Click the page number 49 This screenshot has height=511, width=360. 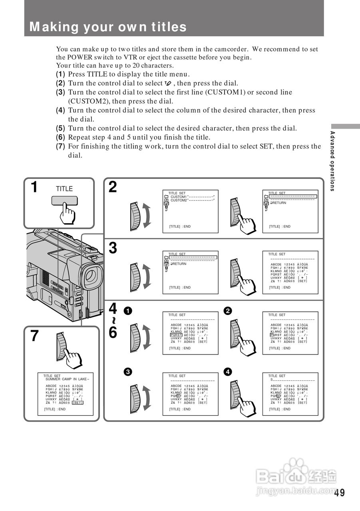pyautogui.click(x=339, y=493)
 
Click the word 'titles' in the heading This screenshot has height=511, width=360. pyautogui.click(x=169, y=27)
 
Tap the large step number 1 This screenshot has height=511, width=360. pyautogui.click(x=35, y=187)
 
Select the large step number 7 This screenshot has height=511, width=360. pyautogui.click(x=35, y=336)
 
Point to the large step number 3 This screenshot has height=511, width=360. pyautogui.click(x=113, y=248)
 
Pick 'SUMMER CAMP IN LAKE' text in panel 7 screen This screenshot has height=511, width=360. pyautogui.click(x=66, y=379)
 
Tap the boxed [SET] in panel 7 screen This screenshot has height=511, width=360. pyautogui.click(x=78, y=402)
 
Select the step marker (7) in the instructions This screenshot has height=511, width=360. pyautogui.click(x=60, y=147)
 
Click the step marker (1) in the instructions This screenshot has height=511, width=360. pyautogui.click(x=60, y=74)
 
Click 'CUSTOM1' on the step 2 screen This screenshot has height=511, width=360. pyautogui.click(x=179, y=197)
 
